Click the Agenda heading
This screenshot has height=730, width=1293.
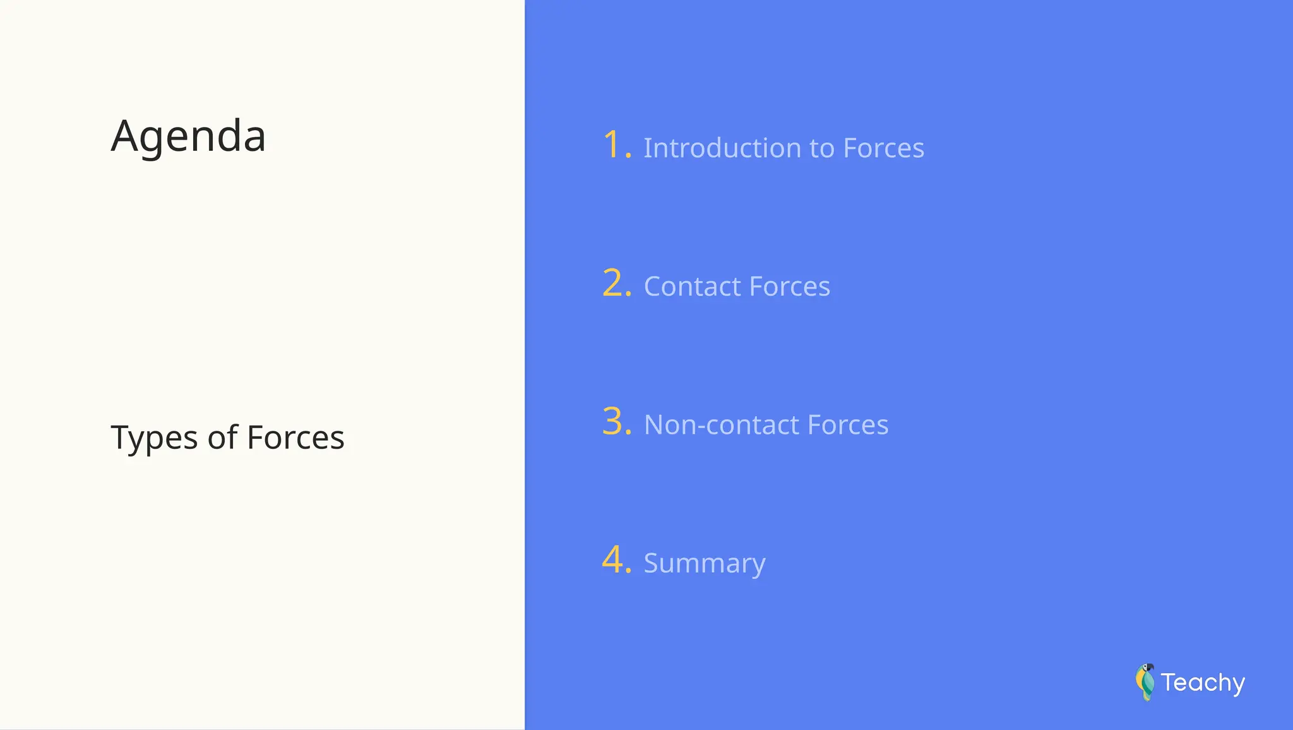tap(188, 136)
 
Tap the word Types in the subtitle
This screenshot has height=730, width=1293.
tap(154, 438)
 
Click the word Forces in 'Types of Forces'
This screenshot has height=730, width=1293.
tap(295, 438)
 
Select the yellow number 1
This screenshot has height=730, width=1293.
tap(612, 145)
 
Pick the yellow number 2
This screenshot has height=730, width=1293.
tap(613, 283)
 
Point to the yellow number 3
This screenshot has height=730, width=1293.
tap(613, 421)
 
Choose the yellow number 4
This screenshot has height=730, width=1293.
tap(613, 559)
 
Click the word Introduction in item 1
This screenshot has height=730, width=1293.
tap(722, 148)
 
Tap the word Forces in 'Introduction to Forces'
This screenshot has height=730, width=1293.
tap(883, 148)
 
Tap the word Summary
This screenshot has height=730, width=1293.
tap(705, 563)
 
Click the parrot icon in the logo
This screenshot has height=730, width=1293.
tap(1145, 682)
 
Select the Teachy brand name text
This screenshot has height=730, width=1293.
tap(1203, 683)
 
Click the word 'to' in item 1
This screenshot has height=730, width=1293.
tap(822, 148)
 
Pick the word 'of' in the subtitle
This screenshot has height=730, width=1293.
tap(222, 438)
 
